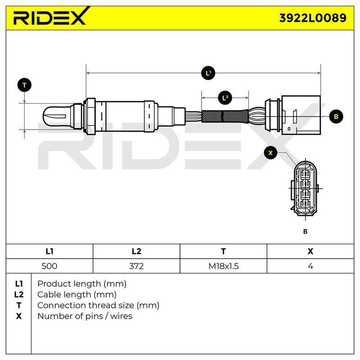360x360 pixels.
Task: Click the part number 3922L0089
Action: coord(312,18)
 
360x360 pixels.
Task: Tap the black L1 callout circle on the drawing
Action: coord(208,73)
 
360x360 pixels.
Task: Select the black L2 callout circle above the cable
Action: coord(225,98)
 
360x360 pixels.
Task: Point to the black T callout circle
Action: coord(24,85)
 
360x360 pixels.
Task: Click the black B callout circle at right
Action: coord(336,117)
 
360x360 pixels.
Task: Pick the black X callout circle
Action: coord(270,153)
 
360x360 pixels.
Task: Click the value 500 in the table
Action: coord(49,266)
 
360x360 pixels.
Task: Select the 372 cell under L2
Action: coord(136,266)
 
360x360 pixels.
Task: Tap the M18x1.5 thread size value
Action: coord(223,266)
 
